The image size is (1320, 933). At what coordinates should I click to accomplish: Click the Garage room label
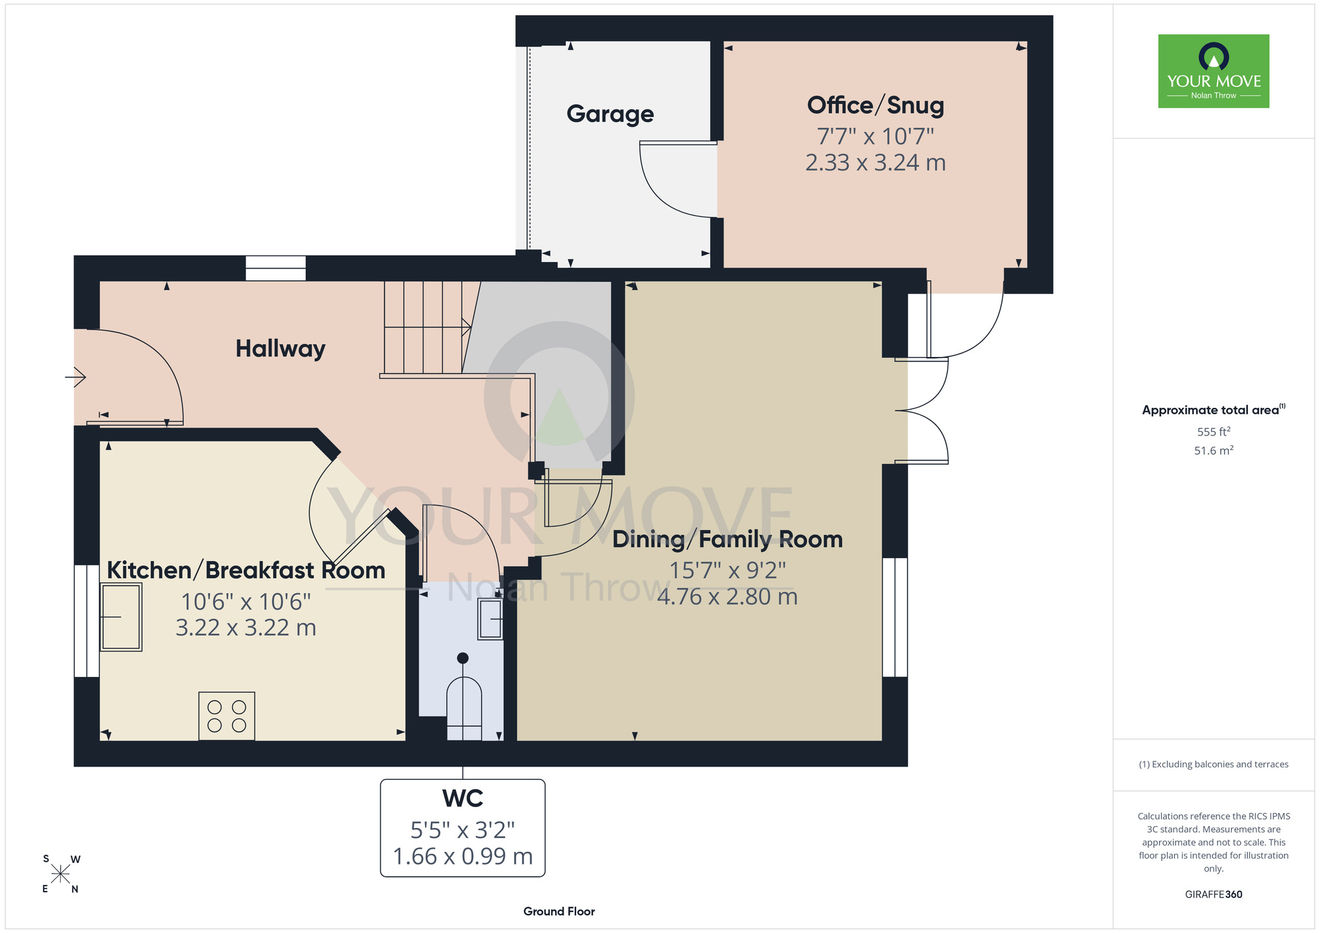610,114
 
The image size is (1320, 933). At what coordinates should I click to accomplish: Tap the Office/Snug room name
875,106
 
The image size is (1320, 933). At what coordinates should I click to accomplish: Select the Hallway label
280,348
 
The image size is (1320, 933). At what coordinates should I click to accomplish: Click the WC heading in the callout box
463,798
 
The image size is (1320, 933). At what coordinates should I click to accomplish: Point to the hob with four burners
226,716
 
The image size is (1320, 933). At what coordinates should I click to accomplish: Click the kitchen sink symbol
121,617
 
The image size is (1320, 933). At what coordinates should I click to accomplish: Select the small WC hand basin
490,619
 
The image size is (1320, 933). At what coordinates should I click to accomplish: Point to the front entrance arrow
75,377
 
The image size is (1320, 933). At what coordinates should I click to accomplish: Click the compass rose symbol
60,874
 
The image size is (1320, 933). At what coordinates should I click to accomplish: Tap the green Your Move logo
1214,71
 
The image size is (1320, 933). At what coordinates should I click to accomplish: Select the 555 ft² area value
1214,432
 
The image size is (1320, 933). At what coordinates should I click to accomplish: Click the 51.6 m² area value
1214,451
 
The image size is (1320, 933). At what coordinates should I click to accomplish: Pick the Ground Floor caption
559,911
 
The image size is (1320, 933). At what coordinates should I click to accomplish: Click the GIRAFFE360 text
1214,895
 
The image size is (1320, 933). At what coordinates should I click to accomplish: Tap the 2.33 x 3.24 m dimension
875,162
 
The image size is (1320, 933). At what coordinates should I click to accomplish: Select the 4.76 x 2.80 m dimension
727,596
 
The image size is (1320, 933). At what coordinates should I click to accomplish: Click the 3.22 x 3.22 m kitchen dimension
246,627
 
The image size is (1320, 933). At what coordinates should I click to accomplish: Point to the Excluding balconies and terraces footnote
1214,765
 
